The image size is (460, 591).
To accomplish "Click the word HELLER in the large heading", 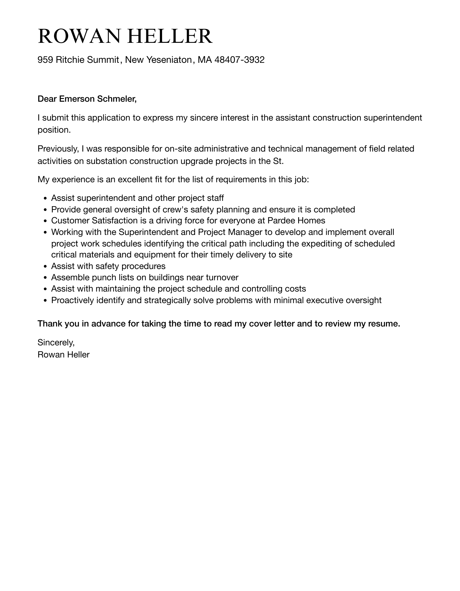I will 170,36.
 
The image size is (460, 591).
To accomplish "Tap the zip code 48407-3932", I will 239,60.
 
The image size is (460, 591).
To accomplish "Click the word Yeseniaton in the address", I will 169,60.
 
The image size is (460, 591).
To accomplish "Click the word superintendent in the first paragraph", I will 393,117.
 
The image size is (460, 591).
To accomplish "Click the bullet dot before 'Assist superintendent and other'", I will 45,198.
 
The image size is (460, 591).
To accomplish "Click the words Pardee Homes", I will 296,221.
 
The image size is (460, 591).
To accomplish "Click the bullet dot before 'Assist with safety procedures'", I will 45,266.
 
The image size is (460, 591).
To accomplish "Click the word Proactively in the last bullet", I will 72,300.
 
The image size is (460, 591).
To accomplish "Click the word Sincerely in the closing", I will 56,343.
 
